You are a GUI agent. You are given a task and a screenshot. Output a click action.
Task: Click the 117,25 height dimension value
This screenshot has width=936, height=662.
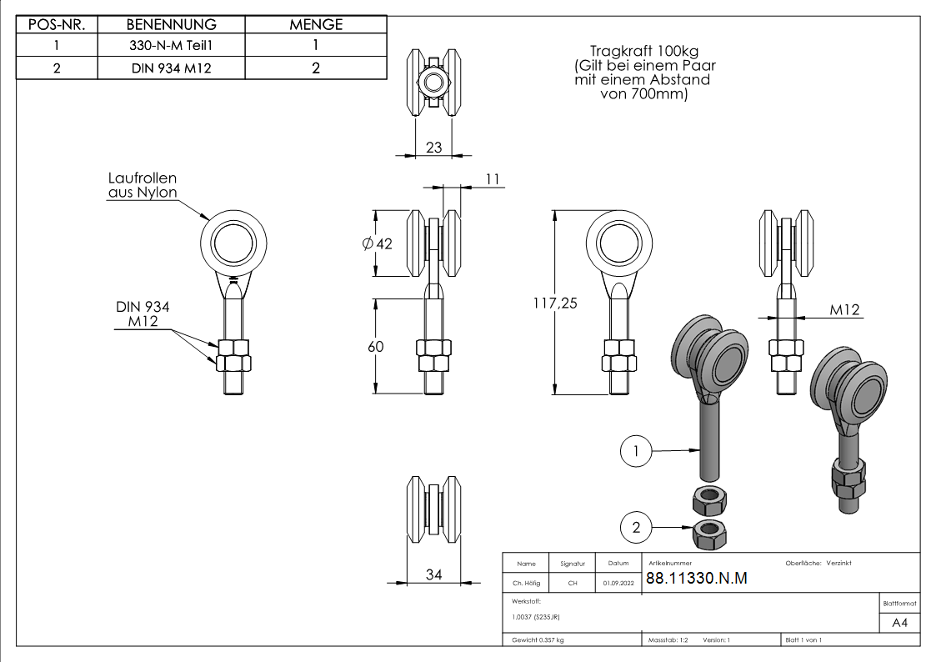555,303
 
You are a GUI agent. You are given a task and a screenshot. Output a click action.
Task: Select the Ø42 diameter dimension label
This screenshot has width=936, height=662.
378,243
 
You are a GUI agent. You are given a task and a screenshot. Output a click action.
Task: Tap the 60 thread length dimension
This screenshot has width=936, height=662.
375,346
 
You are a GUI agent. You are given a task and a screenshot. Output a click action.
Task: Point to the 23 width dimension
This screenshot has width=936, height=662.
434,148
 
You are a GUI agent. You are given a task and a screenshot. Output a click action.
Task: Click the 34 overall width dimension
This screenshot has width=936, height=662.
434,574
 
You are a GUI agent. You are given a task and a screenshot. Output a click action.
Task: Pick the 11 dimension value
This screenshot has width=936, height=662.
493,179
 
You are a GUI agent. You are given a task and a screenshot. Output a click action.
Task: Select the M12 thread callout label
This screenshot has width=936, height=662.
844,310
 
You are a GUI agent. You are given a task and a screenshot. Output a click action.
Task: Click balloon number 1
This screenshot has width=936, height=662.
636,451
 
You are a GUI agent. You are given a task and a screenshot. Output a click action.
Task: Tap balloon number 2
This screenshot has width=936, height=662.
636,527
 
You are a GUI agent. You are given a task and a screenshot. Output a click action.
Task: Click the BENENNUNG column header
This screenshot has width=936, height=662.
172,24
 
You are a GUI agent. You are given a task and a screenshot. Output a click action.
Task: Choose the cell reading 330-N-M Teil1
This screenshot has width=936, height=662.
172,45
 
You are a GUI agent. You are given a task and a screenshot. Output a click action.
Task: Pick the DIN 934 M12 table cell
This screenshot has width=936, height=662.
172,68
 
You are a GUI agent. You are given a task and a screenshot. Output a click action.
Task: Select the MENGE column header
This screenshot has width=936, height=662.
316,24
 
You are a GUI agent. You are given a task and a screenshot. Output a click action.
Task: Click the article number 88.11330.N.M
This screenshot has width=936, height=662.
697,578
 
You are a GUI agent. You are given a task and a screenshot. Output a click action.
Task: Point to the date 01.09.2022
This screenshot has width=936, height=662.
618,583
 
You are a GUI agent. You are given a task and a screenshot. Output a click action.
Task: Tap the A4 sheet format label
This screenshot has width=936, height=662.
899,623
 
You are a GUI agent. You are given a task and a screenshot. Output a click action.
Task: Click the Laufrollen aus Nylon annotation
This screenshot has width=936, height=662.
143,185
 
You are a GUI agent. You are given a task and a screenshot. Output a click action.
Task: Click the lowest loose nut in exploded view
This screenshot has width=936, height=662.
709,534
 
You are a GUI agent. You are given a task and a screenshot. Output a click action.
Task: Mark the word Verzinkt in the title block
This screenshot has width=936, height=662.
838,563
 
